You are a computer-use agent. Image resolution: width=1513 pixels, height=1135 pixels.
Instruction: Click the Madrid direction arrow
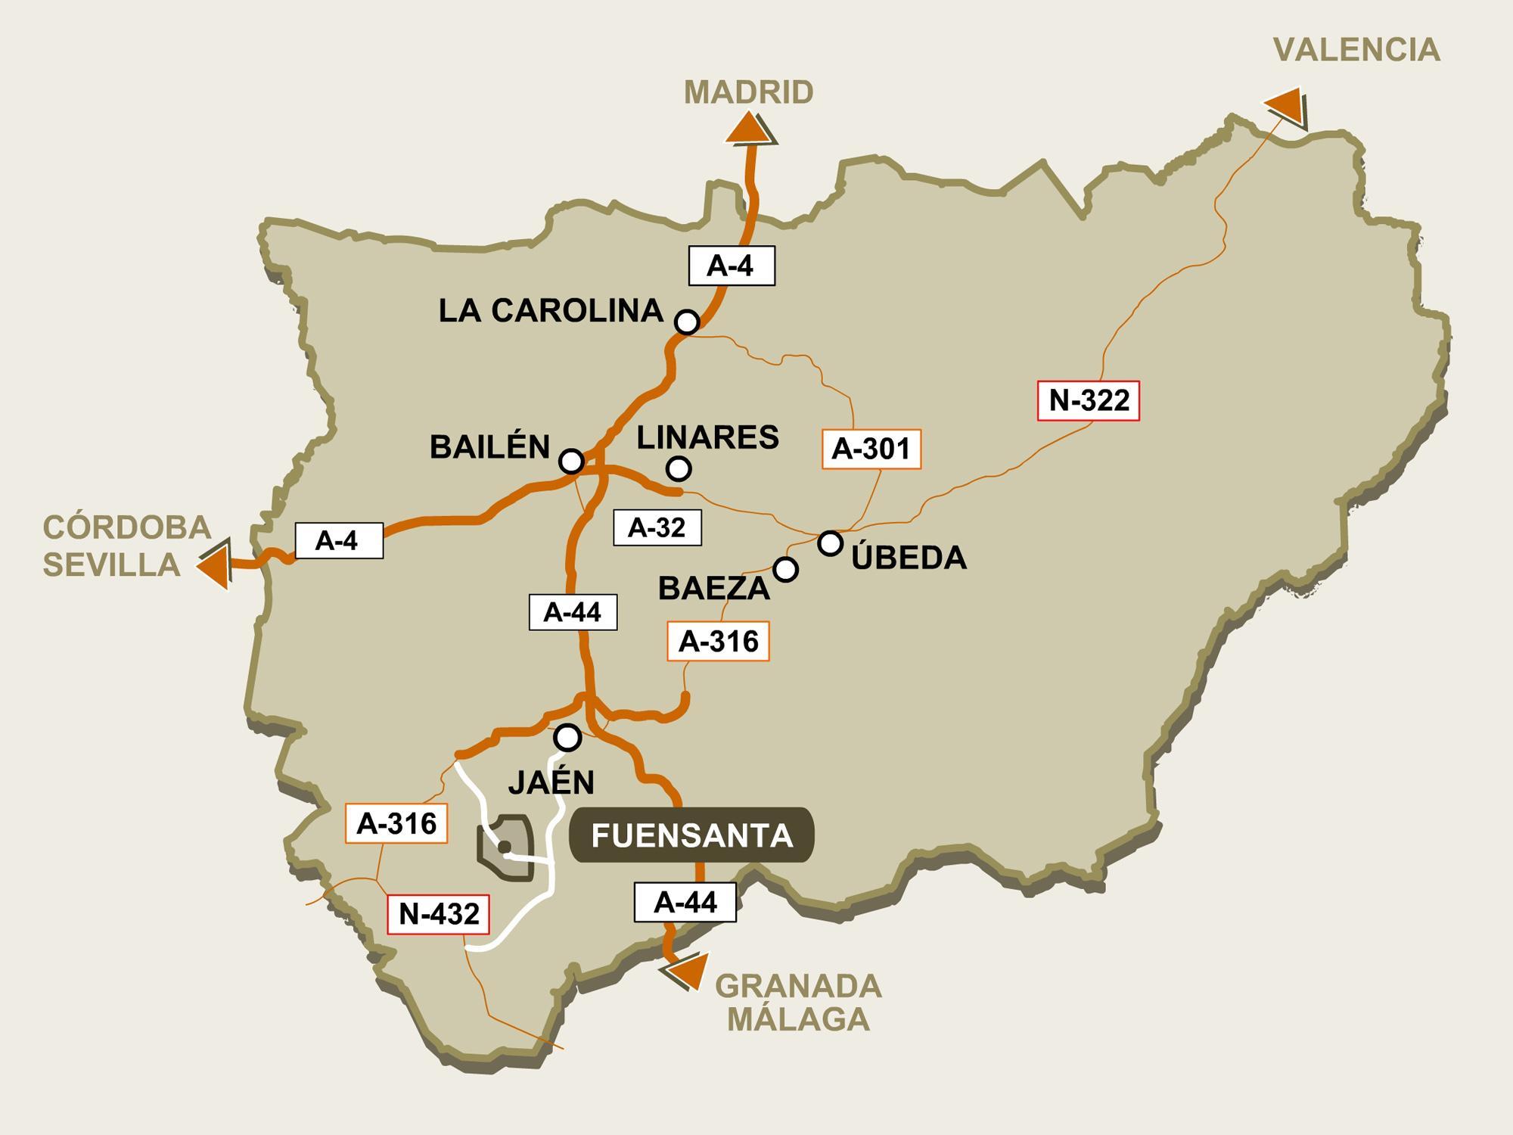pos(749,129)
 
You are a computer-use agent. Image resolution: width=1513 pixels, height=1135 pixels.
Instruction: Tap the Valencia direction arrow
pos(1286,106)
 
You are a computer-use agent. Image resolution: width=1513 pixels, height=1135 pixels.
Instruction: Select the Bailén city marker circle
pos(571,461)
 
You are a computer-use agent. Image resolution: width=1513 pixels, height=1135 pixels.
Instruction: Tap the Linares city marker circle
pos(679,469)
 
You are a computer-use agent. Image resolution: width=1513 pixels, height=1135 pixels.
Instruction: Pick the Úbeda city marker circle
pos(830,543)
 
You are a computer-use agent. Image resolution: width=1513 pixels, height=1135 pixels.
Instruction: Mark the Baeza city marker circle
pos(786,569)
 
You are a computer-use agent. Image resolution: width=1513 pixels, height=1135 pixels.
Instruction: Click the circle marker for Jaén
pos(567,736)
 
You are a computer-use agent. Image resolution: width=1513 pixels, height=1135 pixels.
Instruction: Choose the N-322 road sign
pos(1089,400)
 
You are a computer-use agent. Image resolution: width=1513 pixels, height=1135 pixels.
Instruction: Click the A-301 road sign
pos(871,449)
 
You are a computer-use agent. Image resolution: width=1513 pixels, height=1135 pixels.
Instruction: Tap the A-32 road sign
pos(657,527)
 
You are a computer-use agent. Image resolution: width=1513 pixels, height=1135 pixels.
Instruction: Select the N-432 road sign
pos(439,914)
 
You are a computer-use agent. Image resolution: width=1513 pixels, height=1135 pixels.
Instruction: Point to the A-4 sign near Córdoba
pos(338,540)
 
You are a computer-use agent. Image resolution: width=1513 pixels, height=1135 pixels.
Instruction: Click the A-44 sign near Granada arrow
pos(685,902)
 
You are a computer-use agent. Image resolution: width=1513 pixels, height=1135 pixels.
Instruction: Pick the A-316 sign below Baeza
pos(718,642)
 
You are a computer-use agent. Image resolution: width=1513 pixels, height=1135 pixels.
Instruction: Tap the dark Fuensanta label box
pos(691,835)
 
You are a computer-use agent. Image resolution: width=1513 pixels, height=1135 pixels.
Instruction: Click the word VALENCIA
pos(1356,50)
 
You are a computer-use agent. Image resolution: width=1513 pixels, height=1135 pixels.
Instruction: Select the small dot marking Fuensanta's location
pos(505,847)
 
